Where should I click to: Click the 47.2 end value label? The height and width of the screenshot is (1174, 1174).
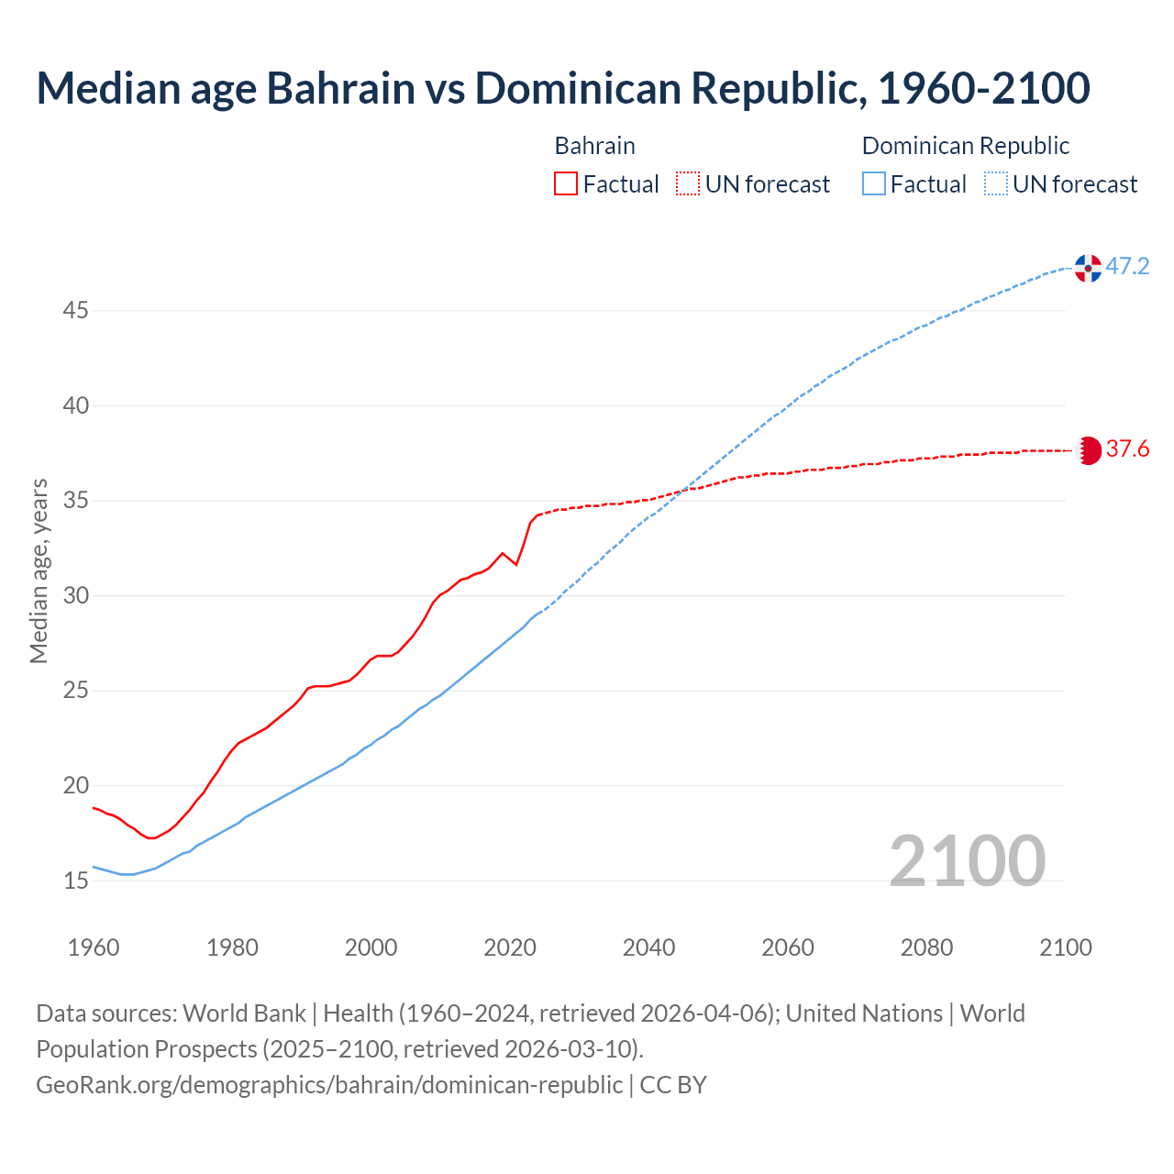pyautogui.click(x=1127, y=267)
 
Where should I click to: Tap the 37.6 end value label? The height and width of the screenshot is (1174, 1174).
pyautogui.click(x=1127, y=449)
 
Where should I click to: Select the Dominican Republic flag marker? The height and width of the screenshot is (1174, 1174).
pyautogui.click(x=1088, y=268)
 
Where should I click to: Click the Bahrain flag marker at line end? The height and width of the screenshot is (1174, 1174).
pyautogui.click(x=1088, y=450)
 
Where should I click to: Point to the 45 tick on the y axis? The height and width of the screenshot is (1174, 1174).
pyautogui.click(x=75, y=311)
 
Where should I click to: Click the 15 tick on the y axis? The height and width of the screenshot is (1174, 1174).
pyautogui.click(x=75, y=881)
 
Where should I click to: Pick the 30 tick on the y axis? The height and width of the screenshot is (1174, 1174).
pyautogui.click(x=75, y=596)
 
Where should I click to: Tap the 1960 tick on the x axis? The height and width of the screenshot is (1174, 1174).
pyautogui.click(x=94, y=947)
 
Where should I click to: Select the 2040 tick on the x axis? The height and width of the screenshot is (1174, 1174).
pyautogui.click(x=648, y=947)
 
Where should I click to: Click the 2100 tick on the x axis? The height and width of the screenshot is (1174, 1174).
pyautogui.click(x=1065, y=947)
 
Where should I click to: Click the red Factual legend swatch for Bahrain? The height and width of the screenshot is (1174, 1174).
pyautogui.click(x=566, y=184)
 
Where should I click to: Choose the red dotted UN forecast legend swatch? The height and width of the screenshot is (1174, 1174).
pyautogui.click(x=688, y=184)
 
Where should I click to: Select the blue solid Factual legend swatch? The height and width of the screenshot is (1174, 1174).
pyautogui.click(x=874, y=184)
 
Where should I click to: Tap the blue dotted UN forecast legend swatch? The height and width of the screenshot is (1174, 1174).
pyautogui.click(x=996, y=184)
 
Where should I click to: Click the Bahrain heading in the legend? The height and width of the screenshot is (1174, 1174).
pyautogui.click(x=594, y=146)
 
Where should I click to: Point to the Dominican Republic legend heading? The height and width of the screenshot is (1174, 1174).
pyautogui.click(x=966, y=146)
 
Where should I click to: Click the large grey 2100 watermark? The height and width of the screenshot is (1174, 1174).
pyautogui.click(x=967, y=860)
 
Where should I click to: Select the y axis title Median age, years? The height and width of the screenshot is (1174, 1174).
pyautogui.click(x=39, y=570)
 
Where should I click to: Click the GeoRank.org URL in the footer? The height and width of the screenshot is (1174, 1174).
pyautogui.click(x=329, y=1085)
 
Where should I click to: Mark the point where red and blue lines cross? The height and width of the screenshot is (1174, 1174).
pyautogui.click(x=680, y=492)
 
